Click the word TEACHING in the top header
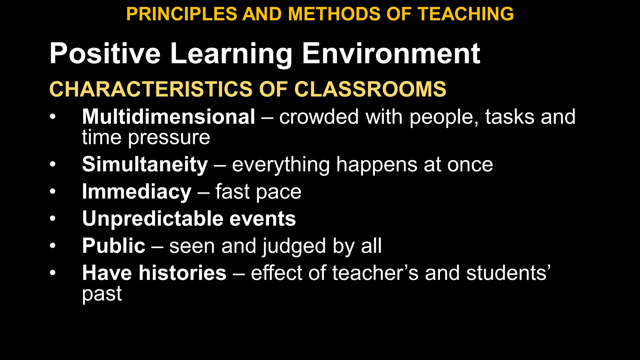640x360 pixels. pos(466,14)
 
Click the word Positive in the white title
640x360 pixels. pos(105,53)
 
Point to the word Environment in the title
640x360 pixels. pos(391,53)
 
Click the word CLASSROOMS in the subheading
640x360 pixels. pos(370,89)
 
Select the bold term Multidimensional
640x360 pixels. pos(168,117)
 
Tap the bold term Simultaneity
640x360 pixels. pos(145,164)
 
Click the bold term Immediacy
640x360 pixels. pos(137,191)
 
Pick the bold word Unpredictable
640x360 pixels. pos(153,218)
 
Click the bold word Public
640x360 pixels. pos(113,246)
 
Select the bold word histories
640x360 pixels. pos(182,273)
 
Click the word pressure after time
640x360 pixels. pos(169,137)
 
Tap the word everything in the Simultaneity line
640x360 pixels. pos(281,165)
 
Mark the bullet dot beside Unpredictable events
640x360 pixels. pos(52,218)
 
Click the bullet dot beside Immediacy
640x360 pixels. pos(52,191)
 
